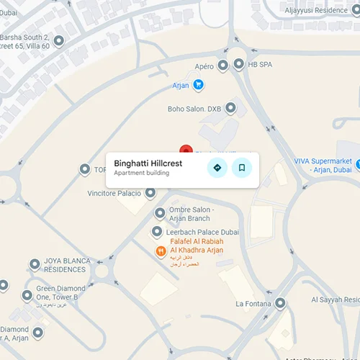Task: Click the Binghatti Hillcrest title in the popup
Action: click(x=148, y=163)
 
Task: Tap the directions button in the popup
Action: click(x=217, y=168)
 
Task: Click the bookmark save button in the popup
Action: click(x=242, y=168)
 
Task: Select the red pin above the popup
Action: click(x=186, y=150)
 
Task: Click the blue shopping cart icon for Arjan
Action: click(x=199, y=86)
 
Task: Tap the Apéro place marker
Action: click(x=223, y=66)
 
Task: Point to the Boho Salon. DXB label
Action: click(x=194, y=109)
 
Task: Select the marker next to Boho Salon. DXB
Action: click(x=230, y=109)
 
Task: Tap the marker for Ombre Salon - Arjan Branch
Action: click(x=160, y=213)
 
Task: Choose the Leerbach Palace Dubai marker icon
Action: click(x=157, y=231)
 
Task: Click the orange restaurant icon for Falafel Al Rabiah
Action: click(x=161, y=251)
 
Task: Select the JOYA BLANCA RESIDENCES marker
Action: click(x=34, y=264)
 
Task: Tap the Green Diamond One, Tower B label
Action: click(x=60, y=293)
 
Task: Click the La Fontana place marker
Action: click(x=279, y=303)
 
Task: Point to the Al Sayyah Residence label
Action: click(x=334, y=299)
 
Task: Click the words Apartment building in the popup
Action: click(x=141, y=173)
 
